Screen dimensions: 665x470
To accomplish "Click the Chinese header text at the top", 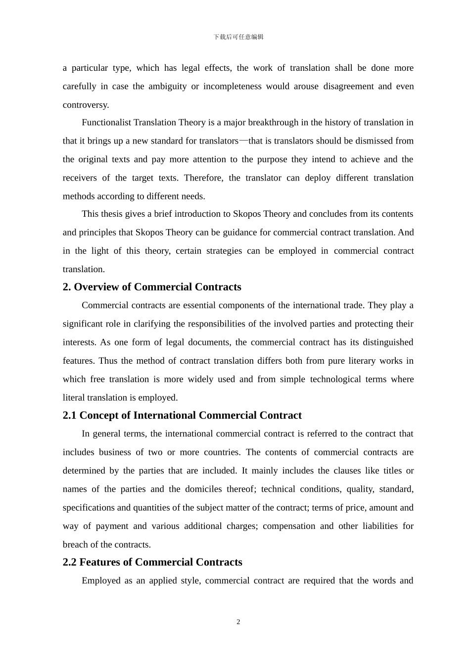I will [x=238, y=37].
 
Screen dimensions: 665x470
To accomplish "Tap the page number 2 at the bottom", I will [x=238, y=622].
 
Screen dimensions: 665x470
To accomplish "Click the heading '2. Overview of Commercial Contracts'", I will [x=152, y=287].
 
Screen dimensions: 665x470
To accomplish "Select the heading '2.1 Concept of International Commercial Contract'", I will [x=182, y=415].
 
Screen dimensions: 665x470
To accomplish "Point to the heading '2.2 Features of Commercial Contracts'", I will [x=152, y=562].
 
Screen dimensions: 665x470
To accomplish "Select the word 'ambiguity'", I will [x=168, y=87].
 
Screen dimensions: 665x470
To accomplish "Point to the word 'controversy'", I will [x=85, y=105].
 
